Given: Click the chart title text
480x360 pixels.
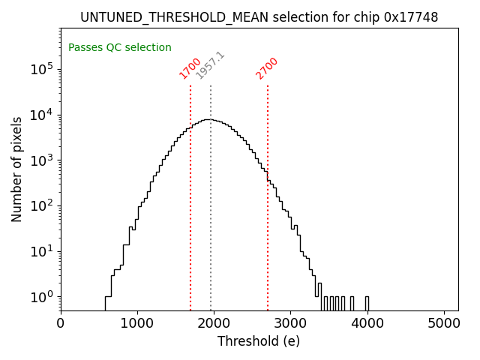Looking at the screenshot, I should coord(259,16).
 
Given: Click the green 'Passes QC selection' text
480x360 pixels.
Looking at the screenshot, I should coord(120,47).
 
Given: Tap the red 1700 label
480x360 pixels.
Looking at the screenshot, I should coord(190,68).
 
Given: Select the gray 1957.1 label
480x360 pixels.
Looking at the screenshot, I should coord(210,65).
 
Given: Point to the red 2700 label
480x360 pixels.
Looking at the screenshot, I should coord(267,68).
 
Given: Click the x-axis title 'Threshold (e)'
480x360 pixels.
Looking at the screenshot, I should coord(259,341).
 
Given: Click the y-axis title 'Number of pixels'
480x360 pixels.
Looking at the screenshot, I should coord(16,169).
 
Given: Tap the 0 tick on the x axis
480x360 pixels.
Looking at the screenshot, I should coord(61,323).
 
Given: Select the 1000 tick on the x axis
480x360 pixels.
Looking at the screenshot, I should coord(137,323).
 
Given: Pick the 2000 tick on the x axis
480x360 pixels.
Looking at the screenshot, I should coord(214,323).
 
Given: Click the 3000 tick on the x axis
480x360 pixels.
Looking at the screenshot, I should coord(290,323).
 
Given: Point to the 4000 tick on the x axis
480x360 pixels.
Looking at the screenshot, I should coord(367,323).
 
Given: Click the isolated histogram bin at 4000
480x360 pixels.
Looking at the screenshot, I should coord(367,303).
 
